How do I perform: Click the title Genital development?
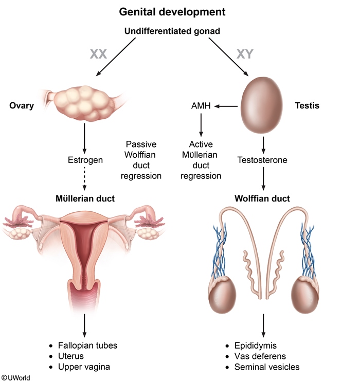172,11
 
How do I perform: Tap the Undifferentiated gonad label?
172,31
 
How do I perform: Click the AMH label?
201,107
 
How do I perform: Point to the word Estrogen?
85,160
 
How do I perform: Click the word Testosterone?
262,160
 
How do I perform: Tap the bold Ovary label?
22,106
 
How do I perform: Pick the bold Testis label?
307,106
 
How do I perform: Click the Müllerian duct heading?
85,198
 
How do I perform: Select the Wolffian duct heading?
262,198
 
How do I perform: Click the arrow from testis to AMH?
226,107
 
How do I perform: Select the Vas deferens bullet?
260,356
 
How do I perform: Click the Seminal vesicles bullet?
266,367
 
